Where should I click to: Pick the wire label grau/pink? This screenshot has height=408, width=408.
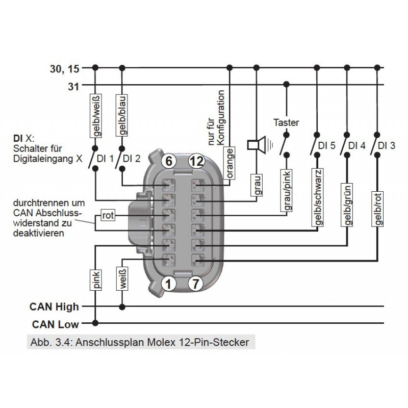tap(286, 190)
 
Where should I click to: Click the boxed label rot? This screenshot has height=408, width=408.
tap(108, 215)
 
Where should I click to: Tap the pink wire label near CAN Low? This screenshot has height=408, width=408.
tap(95, 279)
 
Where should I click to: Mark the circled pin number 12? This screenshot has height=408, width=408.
tap(196, 162)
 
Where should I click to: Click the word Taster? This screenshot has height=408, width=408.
tap(286, 122)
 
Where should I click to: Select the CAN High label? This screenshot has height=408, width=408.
tap(54, 307)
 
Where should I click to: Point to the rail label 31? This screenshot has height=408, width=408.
tap(73, 86)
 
